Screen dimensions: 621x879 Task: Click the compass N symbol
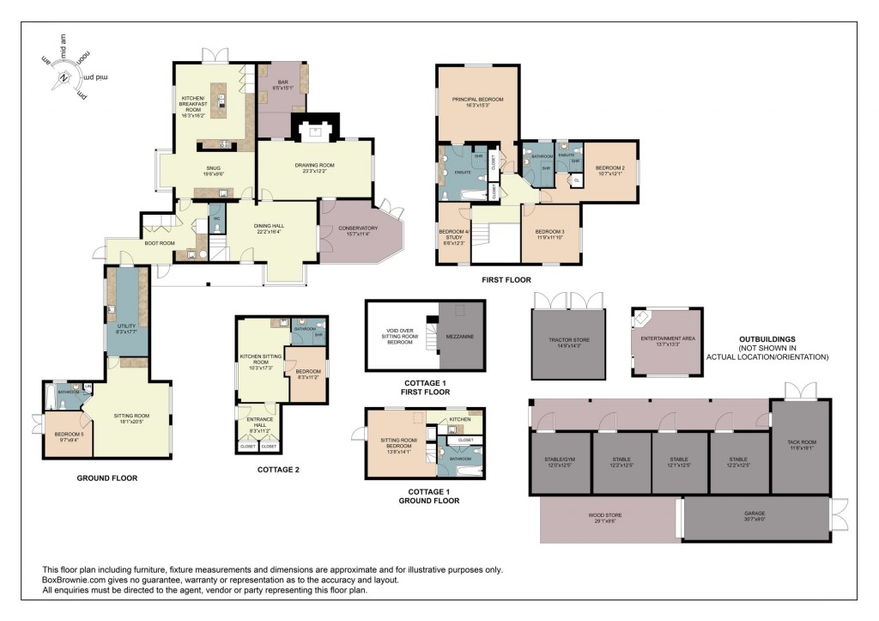pos(64,78)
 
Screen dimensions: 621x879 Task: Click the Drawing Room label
pos(316,167)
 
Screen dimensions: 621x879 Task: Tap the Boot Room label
pos(162,243)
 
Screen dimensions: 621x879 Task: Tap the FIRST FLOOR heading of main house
pos(506,280)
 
